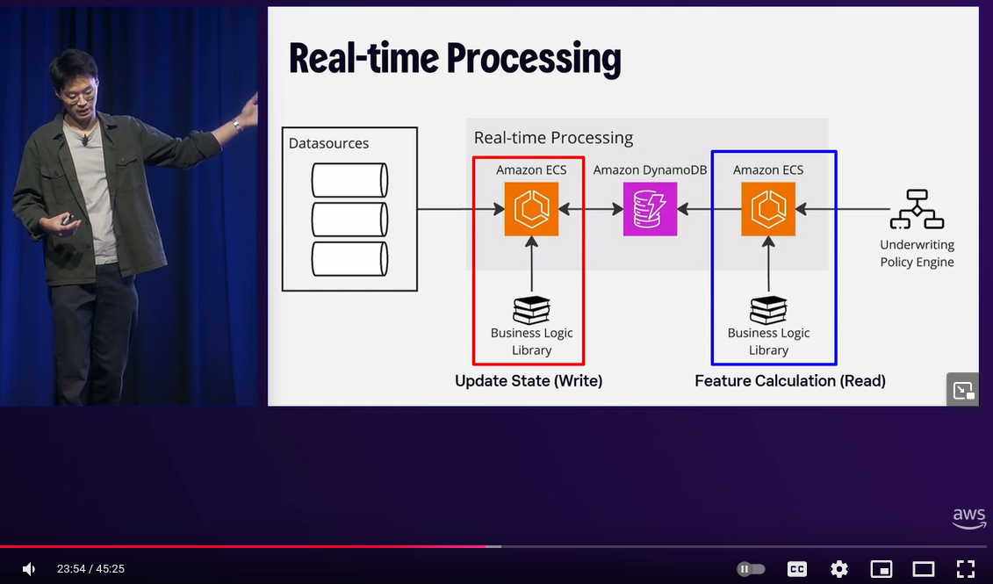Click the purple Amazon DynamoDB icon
(x=650, y=209)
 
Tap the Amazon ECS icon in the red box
(x=531, y=209)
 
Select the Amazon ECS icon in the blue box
(x=768, y=209)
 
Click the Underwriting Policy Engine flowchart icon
(x=917, y=209)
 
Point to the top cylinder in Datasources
(x=349, y=180)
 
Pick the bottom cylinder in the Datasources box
(x=349, y=259)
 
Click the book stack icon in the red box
(x=531, y=310)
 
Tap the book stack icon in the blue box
(x=768, y=310)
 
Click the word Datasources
(x=328, y=143)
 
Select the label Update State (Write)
(x=529, y=380)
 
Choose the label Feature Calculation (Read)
(x=790, y=380)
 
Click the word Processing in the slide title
(x=533, y=58)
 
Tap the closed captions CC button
(x=797, y=569)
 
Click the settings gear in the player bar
(x=839, y=569)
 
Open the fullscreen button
(x=966, y=569)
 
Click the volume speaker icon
(x=28, y=569)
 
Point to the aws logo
(x=968, y=518)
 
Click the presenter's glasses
(x=78, y=94)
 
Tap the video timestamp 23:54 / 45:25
(x=90, y=569)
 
